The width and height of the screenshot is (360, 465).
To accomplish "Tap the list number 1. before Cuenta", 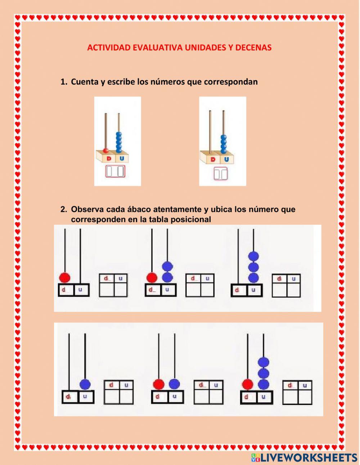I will (64, 82).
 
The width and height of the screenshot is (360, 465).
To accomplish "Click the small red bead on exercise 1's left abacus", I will (106, 150).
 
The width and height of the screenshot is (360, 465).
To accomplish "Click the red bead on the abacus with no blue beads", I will (64, 277).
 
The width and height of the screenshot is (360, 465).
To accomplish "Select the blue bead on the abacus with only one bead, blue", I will (85, 384).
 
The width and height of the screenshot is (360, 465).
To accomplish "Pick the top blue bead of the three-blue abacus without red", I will (254, 256).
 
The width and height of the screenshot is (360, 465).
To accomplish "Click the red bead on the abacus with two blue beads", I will (152, 277).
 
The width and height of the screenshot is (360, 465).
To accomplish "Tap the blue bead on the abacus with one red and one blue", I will (174, 384).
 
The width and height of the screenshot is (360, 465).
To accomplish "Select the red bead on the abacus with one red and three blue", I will (247, 384).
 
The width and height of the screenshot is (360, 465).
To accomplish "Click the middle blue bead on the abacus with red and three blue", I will (264, 373).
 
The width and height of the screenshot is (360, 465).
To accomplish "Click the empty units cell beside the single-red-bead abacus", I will (120, 290).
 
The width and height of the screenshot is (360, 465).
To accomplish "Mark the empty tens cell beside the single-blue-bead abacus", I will (112, 396).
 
